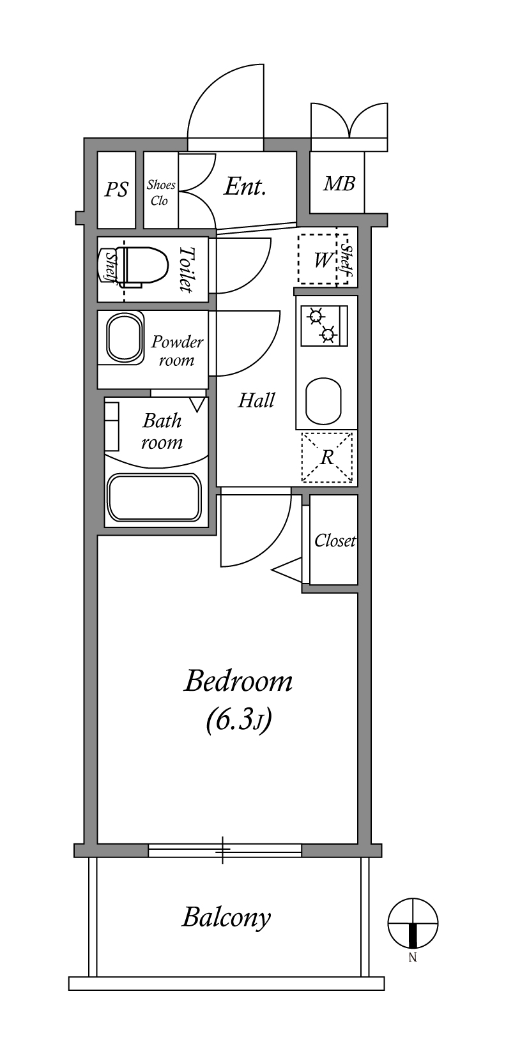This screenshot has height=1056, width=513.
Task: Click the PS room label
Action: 116,190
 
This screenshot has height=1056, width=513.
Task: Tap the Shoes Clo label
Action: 160,192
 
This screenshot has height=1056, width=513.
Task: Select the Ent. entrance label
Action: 245,186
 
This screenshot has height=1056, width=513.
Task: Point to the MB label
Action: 339,183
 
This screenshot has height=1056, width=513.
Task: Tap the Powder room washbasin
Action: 125,338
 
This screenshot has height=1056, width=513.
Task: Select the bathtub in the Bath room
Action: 155,497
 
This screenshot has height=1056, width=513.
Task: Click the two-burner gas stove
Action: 325,326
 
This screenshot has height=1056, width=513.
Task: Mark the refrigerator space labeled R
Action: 327,457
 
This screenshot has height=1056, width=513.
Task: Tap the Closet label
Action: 335,540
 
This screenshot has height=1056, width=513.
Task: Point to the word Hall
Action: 256,400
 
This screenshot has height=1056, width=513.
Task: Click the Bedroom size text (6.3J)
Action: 239,721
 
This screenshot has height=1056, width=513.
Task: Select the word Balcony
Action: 227,917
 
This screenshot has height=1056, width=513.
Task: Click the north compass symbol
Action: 413,922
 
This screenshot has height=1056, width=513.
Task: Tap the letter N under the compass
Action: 413,958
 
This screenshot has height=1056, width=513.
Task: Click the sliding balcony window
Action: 225,850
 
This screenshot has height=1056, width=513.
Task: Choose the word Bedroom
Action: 238,682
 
